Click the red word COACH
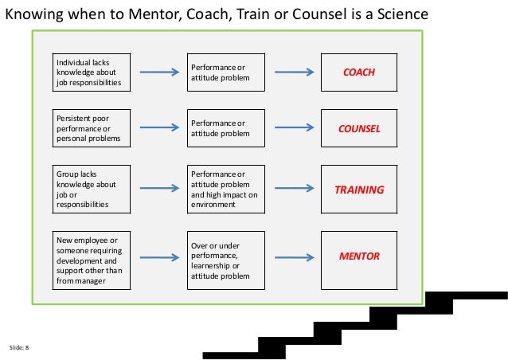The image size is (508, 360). pyautogui.click(x=358, y=72)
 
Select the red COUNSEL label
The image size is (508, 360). pyautogui.click(x=358, y=128)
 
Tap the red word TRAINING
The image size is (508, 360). pyautogui.click(x=358, y=190)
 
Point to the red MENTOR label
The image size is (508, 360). pyautogui.click(x=358, y=256)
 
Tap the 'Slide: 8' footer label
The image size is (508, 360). pyautogui.click(x=18, y=348)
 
